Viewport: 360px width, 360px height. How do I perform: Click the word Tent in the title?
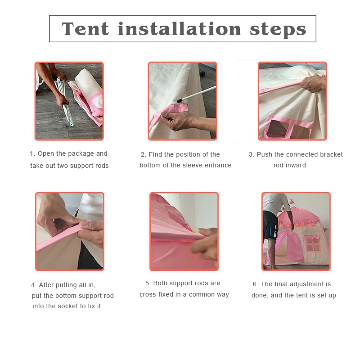[85, 29]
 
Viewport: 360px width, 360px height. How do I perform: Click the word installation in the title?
[179, 29]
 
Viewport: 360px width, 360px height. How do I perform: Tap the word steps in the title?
[278, 30]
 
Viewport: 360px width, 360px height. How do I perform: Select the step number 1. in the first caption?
[32, 153]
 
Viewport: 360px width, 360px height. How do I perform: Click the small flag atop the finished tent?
[291, 202]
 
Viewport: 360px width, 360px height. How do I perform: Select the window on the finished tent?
[312, 244]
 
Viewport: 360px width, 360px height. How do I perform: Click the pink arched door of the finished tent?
[290, 245]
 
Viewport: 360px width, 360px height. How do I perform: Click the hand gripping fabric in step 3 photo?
[313, 84]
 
